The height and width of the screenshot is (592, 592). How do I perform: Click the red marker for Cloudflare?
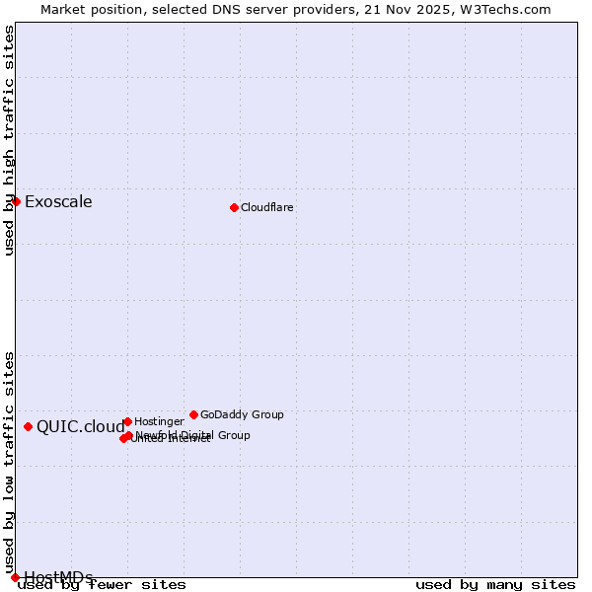234,207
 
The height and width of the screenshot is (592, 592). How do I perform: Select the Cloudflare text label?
267,207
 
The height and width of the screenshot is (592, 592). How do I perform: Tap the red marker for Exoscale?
16,201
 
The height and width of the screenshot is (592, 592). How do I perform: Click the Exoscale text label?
58,202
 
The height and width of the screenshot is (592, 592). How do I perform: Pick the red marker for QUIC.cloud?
28,426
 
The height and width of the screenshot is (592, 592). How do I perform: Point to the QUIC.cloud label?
80,427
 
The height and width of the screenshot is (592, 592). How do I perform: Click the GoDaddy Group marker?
193,414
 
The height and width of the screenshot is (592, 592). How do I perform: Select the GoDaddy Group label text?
242,414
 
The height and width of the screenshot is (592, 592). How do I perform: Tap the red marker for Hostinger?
127,421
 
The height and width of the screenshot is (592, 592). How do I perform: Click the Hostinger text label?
159,421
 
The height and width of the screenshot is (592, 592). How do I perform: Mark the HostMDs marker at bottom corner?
15,577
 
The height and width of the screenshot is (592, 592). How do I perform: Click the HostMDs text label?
58,577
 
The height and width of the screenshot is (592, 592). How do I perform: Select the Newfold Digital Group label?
192,435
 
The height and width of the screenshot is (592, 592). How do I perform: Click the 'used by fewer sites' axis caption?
103,585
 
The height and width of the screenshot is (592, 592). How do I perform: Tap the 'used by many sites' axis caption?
495,585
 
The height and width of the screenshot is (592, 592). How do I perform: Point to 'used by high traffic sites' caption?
10,140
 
